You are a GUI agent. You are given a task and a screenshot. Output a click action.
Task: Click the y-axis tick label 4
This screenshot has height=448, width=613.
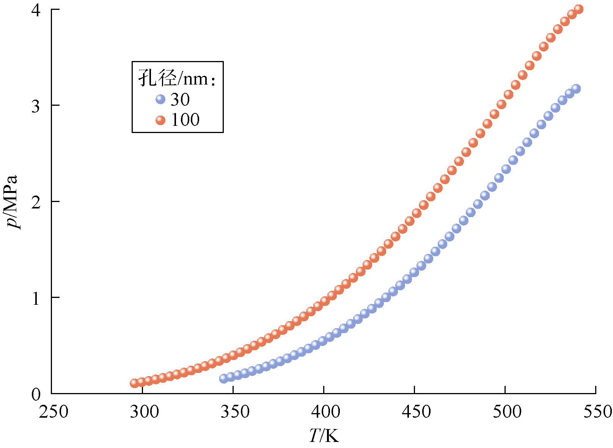point(36,10)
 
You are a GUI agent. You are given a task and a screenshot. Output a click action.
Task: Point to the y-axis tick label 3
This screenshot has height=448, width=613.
point(36,107)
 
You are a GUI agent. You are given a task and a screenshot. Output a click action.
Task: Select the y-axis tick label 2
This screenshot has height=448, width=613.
point(36,202)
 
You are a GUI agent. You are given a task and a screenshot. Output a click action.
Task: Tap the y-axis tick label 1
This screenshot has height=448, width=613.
point(36,299)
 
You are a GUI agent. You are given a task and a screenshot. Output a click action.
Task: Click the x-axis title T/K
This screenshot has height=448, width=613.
point(324,436)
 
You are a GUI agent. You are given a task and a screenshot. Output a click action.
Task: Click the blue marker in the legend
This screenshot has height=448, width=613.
point(160,99)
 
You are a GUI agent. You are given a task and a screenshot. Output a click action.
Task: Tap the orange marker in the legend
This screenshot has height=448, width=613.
point(160,120)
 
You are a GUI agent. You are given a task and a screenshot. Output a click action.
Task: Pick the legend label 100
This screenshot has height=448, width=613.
point(185,120)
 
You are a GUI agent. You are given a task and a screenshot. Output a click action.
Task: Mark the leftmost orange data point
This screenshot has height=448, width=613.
point(134,383)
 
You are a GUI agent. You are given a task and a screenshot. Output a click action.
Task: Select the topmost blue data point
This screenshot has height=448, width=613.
point(576,89)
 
